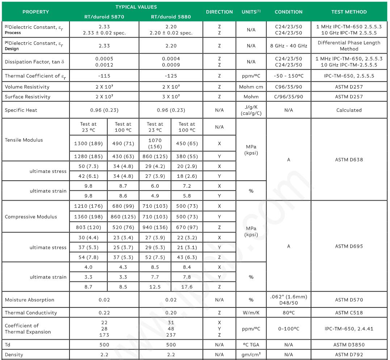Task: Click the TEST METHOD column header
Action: coord(349,12)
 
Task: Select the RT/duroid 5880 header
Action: coord(171,17)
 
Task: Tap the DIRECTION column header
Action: coord(219,12)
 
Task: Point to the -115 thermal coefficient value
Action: coord(104,76)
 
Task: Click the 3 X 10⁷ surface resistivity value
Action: coord(171,97)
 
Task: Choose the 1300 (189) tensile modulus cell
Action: coord(88,143)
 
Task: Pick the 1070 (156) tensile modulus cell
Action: coord(155,143)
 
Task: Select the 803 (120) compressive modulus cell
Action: coord(88,227)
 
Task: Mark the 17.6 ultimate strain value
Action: coord(187,286)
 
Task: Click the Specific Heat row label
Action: coord(21,110)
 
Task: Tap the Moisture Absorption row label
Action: coord(29,300)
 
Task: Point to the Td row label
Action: coord(8,345)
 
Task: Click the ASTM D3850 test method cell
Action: coord(349,345)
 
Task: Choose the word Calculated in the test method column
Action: coord(349,110)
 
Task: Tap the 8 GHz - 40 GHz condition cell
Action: coord(288,46)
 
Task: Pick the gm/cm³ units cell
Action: coord(251,355)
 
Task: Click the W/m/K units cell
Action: coord(251,313)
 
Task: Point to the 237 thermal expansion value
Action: coord(171,335)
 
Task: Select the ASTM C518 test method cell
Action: coord(349,313)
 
